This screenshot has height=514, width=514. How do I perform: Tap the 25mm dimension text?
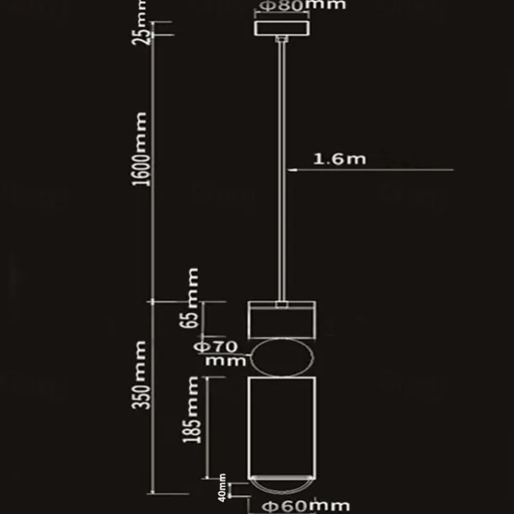(x=145, y=30)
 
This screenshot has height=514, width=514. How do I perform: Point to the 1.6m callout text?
(x=339, y=158)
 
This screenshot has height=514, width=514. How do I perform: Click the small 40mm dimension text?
(x=222, y=488)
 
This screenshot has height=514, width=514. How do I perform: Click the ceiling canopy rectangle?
(x=282, y=28)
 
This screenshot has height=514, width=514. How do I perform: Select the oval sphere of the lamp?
(x=281, y=358)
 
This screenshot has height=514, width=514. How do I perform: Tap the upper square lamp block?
(x=281, y=319)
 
